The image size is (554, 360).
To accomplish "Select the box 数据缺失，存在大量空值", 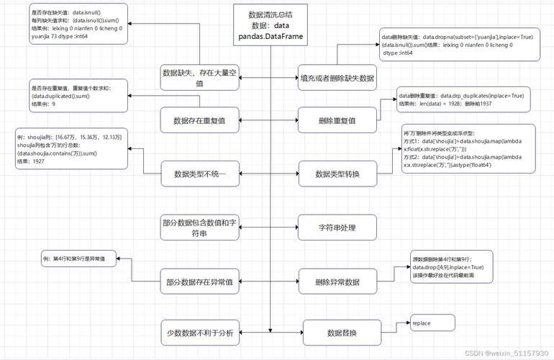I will [x=199, y=77].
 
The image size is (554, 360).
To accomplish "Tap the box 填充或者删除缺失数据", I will [x=337, y=77].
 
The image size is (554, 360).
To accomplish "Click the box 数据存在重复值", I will [x=199, y=120].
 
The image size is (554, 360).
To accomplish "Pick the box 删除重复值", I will [x=337, y=120].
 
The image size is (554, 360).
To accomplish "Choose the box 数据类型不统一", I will [x=199, y=174].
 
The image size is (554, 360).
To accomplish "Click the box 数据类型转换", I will [x=337, y=174].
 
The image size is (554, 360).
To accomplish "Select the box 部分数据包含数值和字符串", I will [x=199, y=228].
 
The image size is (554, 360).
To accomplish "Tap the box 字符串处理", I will [x=337, y=228].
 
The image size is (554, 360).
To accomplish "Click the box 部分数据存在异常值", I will [x=199, y=282].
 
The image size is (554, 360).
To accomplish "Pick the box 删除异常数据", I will [x=337, y=282].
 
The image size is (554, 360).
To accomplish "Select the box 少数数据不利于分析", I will [x=199, y=333].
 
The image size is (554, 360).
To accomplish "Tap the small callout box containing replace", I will [x=432, y=323].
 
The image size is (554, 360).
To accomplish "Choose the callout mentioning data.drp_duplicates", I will [x=464, y=100].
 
